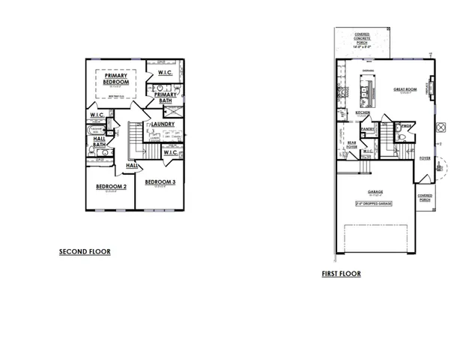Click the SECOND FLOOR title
[85, 252]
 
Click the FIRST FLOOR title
[341, 274]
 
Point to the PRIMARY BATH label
[166, 97]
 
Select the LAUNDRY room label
[163, 124]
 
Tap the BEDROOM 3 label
[160, 182]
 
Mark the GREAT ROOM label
[405, 89]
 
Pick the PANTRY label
[368, 129]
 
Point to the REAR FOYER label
[351, 143]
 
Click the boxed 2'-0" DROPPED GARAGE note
[375, 203]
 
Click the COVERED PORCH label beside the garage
[426, 197]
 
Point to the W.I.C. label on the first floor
[368, 151]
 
